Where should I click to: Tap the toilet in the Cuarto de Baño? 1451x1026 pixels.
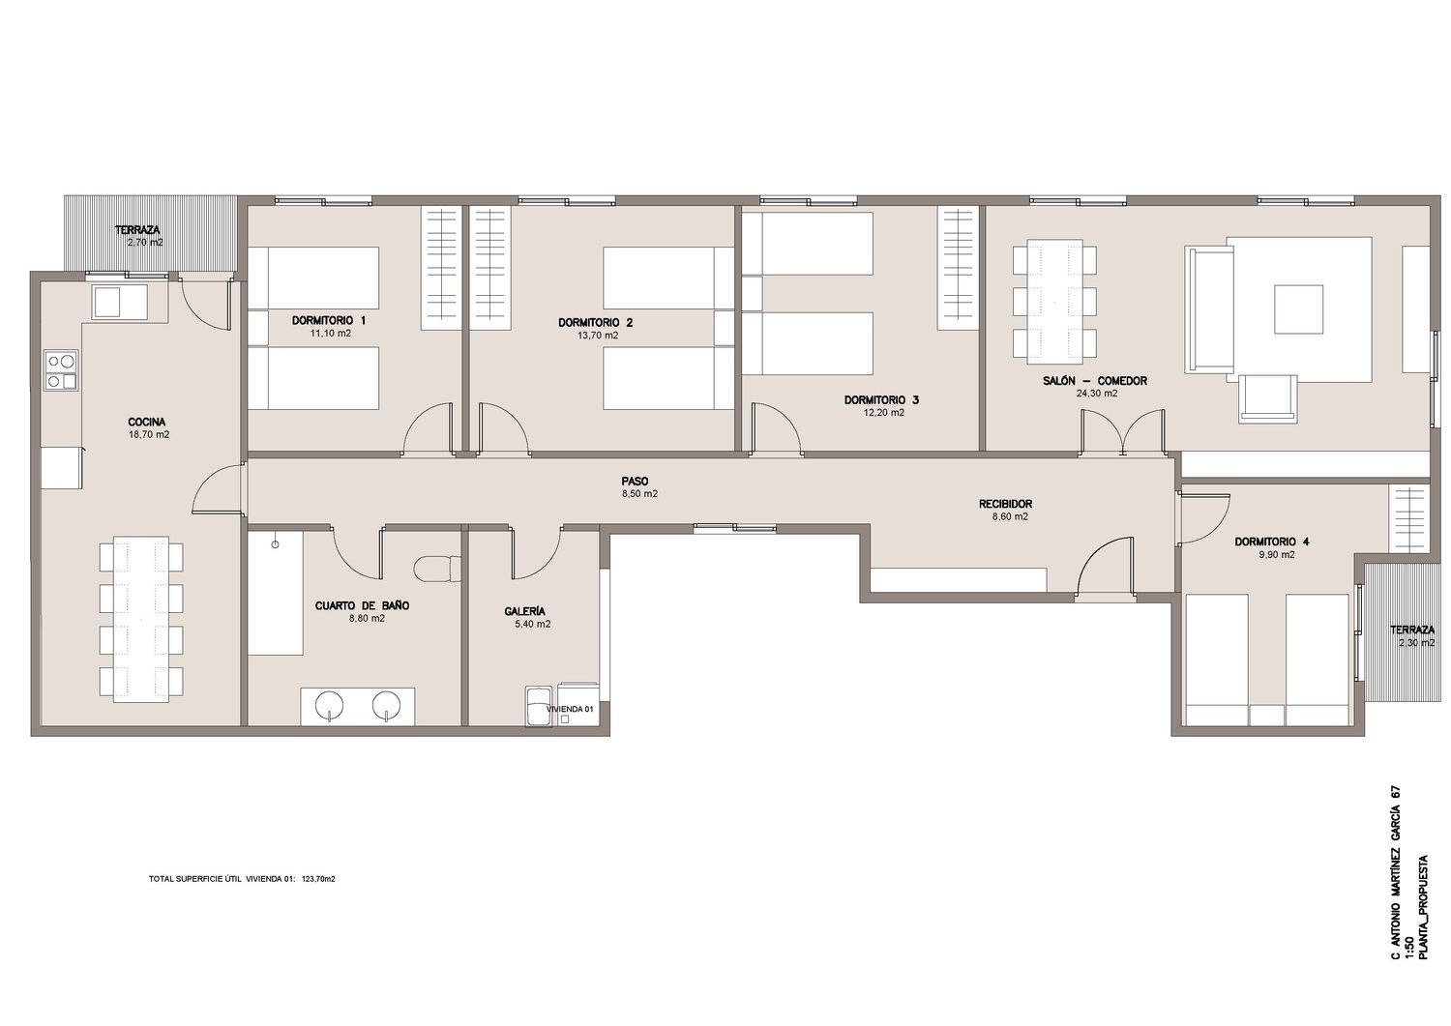click(x=436, y=568)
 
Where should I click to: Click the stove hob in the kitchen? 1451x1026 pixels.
click(x=60, y=369)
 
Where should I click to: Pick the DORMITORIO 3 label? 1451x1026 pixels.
click(x=881, y=400)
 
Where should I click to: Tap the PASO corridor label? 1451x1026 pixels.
click(x=635, y=482)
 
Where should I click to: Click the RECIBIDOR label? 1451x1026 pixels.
click(x=1005, y=504)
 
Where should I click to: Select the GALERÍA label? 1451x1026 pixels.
click(x=524, y=611)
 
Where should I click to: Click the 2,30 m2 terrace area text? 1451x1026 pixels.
click(x=1412, y=643)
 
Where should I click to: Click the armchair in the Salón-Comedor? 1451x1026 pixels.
click(x=1267, y=398)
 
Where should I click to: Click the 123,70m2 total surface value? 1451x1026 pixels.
click(x=318, y=879)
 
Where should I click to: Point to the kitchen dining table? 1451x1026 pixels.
click(x=141, y=619)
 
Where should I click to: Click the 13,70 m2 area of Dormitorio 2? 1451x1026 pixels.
click(x=597, y=336)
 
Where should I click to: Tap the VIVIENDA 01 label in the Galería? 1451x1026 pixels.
click(x=570, y=709)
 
